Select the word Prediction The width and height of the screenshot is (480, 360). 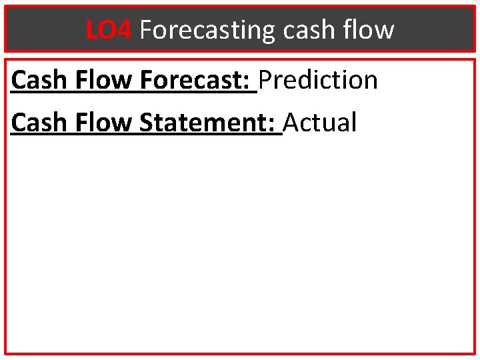pos(319,81)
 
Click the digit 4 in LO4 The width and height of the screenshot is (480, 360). pos(127,30)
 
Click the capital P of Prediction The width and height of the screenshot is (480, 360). pos(266,81)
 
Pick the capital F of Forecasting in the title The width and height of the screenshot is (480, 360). pos(147,30)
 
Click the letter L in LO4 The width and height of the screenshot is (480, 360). pos(92,30)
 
